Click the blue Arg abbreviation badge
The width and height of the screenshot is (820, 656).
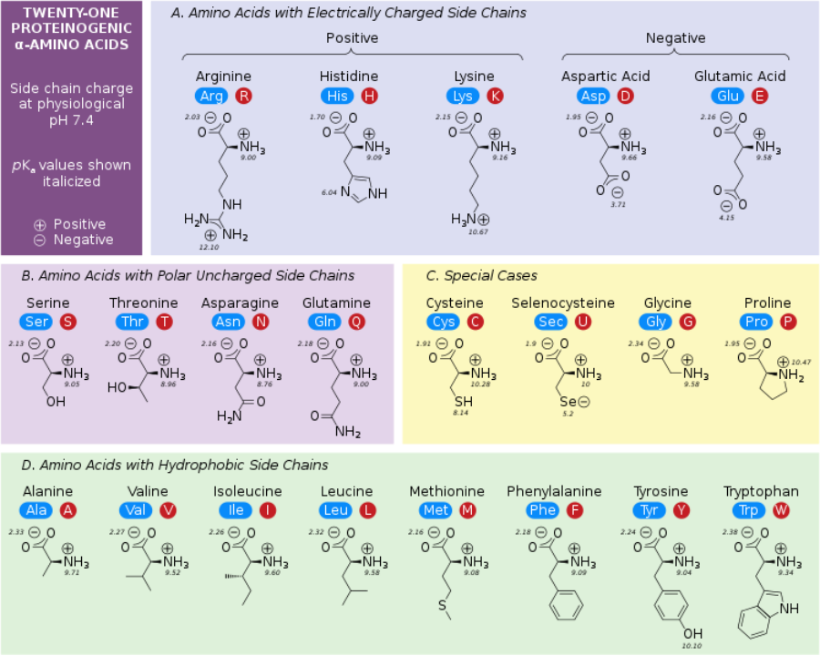211,96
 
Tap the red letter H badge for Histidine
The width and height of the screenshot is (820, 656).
369,96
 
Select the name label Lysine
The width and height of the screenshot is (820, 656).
474,77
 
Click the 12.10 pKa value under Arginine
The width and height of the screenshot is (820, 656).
209,247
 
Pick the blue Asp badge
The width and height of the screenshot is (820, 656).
592,96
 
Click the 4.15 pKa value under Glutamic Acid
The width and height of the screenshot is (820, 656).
726,217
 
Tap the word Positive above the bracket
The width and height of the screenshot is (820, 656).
352,38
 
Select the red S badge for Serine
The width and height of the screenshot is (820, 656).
68,322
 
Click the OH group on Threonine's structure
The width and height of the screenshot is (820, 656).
117,387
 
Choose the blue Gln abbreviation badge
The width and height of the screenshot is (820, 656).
325,322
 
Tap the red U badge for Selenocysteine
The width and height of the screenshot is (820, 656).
583,322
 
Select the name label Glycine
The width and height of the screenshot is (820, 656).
667,302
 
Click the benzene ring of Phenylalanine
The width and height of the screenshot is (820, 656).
566,604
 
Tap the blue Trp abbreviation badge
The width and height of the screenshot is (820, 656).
748,510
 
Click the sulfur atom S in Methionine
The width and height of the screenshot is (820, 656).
443,604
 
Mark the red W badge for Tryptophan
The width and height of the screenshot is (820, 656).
781,510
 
